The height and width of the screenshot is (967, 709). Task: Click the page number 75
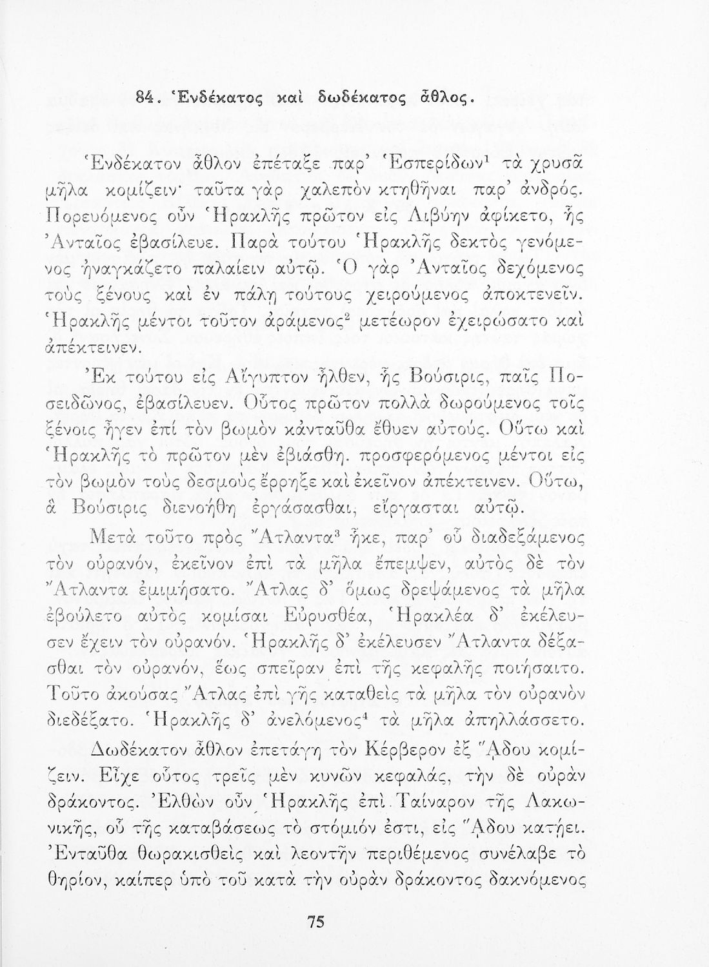pyautogui.click(x=314, y=923)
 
